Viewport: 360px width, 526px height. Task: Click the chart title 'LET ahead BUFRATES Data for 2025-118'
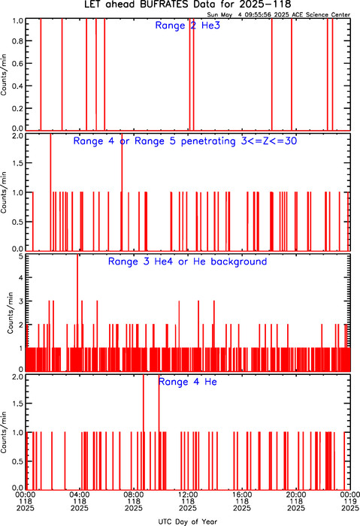click(x=187, y=5)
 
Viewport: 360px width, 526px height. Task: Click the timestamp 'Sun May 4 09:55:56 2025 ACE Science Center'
click(x=279, y=15)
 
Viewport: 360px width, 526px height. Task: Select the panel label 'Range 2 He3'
click(x=188, y=26)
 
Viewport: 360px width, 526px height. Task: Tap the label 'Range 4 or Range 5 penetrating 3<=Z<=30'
click(x=185, y=141)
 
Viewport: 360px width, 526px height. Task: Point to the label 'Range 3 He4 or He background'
click(x=188, y=261)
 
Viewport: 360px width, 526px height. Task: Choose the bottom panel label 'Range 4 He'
click(x=188, y=382)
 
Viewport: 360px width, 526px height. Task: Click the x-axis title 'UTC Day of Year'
click(x=188, y=521)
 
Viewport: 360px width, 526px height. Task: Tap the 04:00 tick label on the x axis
click(x=80, y=501)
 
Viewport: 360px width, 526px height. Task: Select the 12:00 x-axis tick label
click(x=188, y=501)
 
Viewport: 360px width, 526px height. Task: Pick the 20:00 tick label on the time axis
click(x=296, y=501)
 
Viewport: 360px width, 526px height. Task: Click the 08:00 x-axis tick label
click(x=134, y=501)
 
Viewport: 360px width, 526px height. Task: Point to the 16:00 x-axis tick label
click(x=242, y=501)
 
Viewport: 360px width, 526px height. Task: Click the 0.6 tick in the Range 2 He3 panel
click(x=17, y=63)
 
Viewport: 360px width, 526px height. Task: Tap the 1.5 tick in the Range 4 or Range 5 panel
click(x=17, y=163)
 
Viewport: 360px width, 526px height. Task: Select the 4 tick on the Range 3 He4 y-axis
click(x=21, y=278)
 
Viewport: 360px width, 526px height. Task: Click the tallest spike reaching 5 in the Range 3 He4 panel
click(x=77, y=312)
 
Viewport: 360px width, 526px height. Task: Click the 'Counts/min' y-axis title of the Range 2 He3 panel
click(x=4, y=74)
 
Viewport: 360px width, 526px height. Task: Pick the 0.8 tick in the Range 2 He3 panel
click(x=17, y=41)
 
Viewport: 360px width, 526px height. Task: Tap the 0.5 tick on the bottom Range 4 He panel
click(x=17, y=461)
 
